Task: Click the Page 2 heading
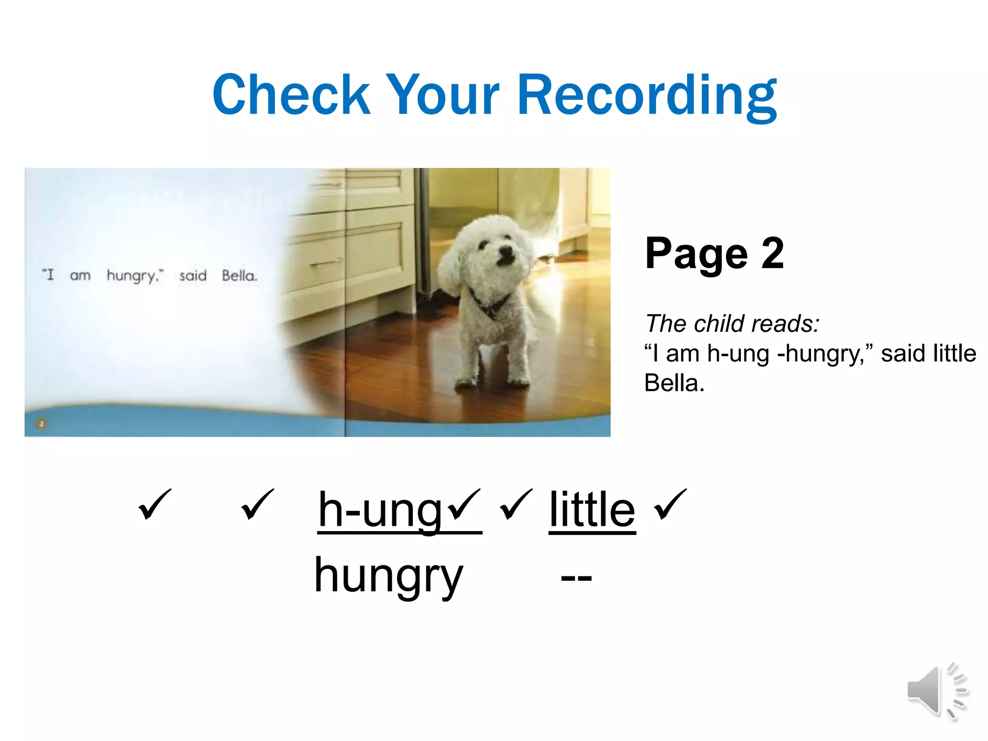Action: click(x=714, y=253)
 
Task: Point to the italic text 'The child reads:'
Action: click(x=732, y=323)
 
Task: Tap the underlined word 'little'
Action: click(x=592, y=510)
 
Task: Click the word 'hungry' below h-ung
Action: click(x=388, y=576)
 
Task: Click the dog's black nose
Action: click(x=505, y=252)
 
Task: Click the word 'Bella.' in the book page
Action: click(x=239, y=276)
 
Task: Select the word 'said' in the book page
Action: click(x=192, y=276)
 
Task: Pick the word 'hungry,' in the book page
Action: click(x=135, y=276)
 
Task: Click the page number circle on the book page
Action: click(x=41, y=424)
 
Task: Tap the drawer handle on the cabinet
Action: click(x=326, y=263)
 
